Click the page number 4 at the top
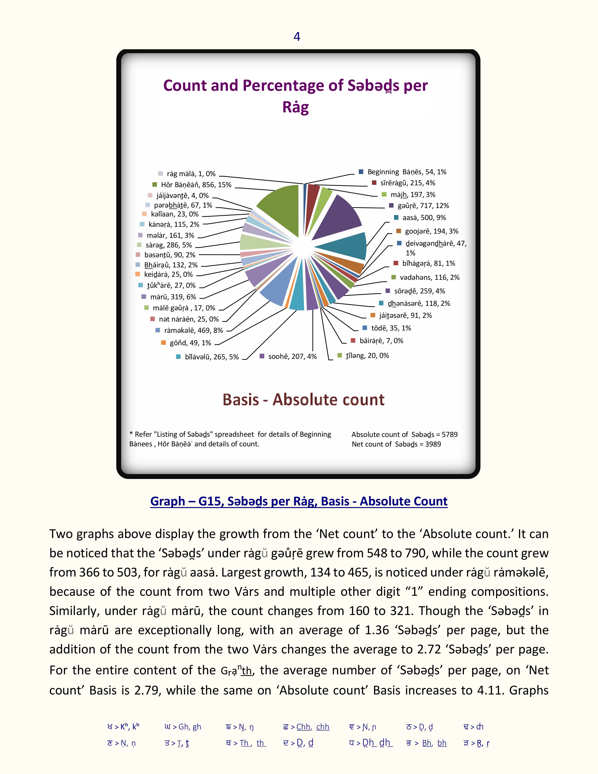tap(297, 37)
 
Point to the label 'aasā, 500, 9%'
tap(424, 218)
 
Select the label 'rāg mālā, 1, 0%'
tap(191, 174)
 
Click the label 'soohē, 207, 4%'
tap(292, 356)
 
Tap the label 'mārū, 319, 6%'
tap(173, 297)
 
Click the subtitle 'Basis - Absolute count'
tap(303, 399)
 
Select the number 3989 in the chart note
tap(433, 444)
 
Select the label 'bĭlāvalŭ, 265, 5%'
tap(212, 357)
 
